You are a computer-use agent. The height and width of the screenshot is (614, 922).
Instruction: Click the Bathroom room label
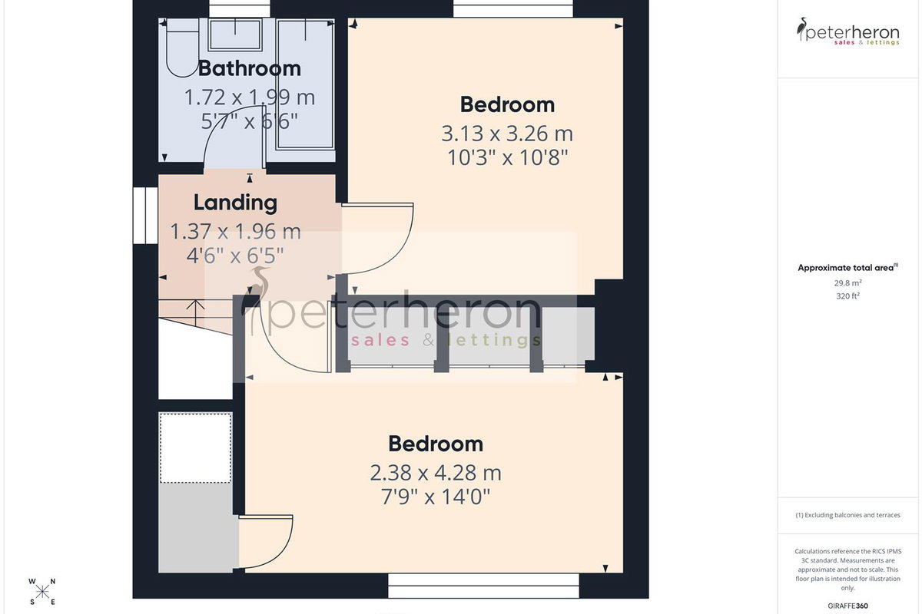click(x=250, y=68)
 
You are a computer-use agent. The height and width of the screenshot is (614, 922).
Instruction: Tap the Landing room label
click(x=235, y=203)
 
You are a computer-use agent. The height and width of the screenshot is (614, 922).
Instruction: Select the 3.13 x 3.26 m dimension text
click(x=507, y=134)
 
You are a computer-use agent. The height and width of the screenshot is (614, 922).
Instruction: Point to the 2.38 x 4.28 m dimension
click(x=436, y=473)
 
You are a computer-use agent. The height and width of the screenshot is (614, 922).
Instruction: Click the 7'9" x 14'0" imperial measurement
click(x=436, y=497)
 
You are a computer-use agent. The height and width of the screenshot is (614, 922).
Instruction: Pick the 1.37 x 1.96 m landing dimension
click(x=235, y=232)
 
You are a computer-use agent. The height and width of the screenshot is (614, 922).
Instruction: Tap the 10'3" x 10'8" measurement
click(x=507, y=157)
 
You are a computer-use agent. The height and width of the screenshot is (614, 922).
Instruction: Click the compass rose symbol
click(x=42, y=592)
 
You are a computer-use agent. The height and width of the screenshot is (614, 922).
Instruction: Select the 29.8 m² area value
click(x=848, y=283)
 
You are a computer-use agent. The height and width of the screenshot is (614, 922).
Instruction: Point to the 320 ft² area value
click(x=848, y=296)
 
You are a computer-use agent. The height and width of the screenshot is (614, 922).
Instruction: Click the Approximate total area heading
click(x=848, y=268)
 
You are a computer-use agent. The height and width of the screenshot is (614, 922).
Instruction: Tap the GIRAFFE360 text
click(x=848, y=606)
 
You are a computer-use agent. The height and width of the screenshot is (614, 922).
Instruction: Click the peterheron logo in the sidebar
click(x=848, y=31)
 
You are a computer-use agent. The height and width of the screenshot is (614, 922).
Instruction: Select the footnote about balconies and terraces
click(x=848, y=515)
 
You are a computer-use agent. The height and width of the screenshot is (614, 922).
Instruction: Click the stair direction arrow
click(x=195, y=312)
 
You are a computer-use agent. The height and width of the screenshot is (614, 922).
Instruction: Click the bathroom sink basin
click(x=235, y=35)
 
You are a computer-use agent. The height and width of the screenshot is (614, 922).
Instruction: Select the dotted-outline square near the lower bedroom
click(x=195, y=448)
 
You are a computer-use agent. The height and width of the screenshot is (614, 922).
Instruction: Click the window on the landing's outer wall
click(x=145, y=216)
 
